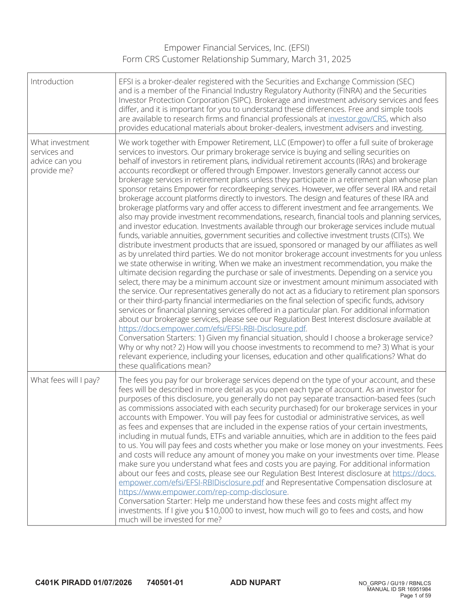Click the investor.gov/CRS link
point(357,119)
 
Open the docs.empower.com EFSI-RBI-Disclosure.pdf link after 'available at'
point(213,329)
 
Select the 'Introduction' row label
point(52,81)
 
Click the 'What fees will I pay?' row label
point(65,380)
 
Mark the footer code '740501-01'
point(165,582)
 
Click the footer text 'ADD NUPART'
point(255,582)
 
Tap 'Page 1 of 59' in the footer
point(416,595)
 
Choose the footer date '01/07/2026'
point(113,582)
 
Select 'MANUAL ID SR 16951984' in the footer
point(399,589)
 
